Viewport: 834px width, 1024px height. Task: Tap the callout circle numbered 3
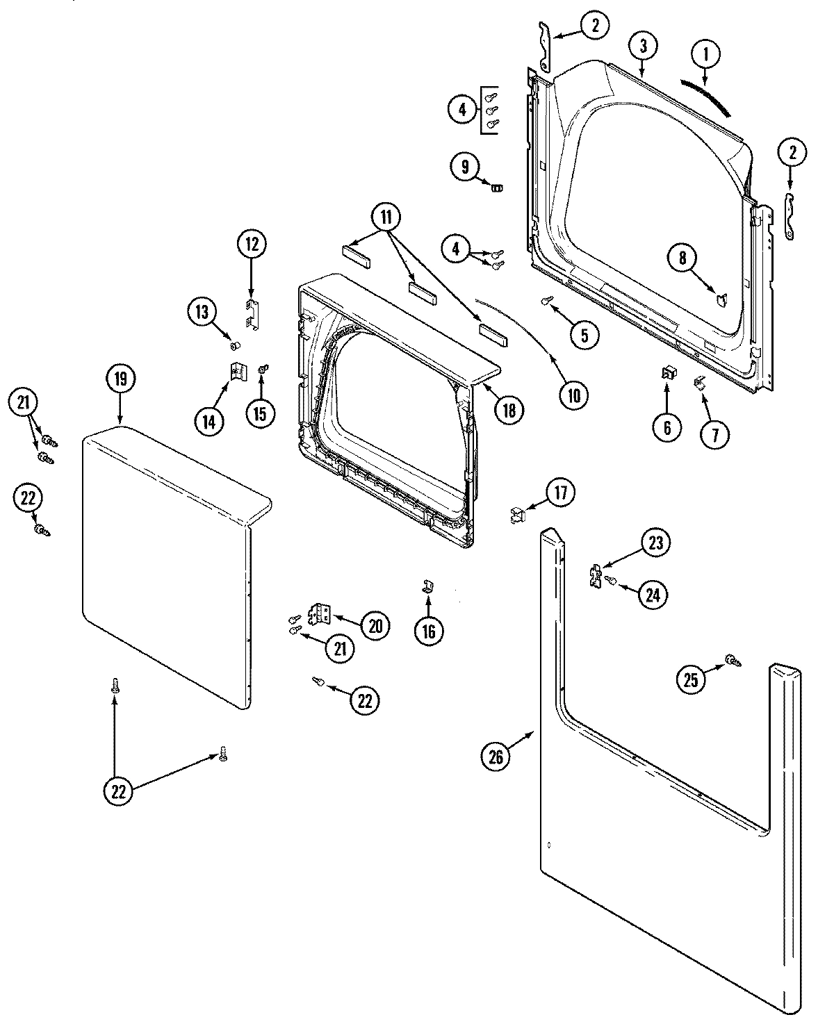[x=643, y=46]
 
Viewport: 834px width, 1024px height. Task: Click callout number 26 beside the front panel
[x=496, y=757]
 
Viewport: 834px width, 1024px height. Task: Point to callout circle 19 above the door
[x=120, y=379]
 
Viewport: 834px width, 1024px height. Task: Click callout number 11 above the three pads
[x=386, y=217]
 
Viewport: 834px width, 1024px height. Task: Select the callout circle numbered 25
[x=691, y=680]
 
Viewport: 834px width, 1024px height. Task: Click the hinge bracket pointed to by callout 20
[x=320, y=613]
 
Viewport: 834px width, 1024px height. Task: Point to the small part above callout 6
[x=668, y=374]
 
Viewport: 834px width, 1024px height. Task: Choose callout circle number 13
[x=202, y=313]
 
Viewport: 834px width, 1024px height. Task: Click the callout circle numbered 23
[x=655, y=542]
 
